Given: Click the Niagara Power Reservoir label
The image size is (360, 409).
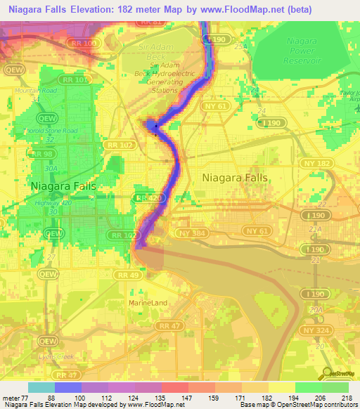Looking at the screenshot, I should (x=302, y=51).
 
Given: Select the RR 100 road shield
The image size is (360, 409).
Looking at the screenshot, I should (x=86, y=44).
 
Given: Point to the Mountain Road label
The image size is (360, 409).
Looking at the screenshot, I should (x=36, y=91).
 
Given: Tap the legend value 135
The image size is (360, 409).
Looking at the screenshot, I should (x=161, y=398).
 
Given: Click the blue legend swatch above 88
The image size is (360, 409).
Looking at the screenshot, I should (x=68, y=387).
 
